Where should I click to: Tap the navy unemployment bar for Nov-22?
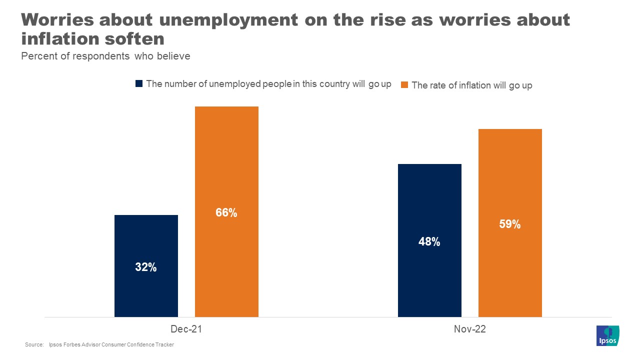point(429,200)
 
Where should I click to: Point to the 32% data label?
point(146,267)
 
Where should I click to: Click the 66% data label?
point(226,213)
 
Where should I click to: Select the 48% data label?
point(429,242)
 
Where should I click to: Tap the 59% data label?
point(510,224)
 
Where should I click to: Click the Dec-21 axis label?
point(186,329)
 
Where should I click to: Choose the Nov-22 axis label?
point(470,329)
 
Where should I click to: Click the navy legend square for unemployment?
point(139,84)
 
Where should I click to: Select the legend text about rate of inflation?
point(471,85)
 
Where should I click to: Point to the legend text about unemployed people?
point(268,84)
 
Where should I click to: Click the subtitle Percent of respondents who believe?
point(105,56)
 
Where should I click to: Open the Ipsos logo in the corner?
point(608,335)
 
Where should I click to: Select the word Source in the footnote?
point(34,345)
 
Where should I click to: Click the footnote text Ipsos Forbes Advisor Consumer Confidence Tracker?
point(111,345)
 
